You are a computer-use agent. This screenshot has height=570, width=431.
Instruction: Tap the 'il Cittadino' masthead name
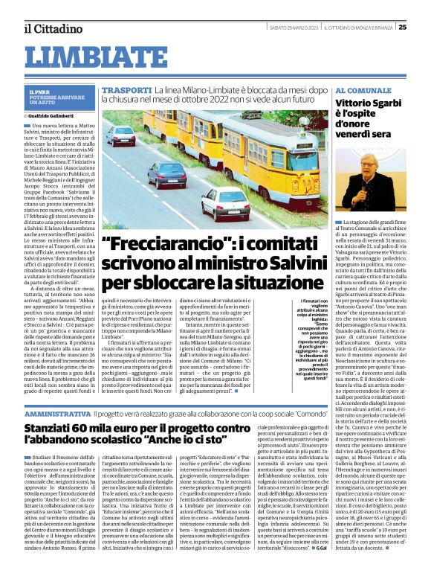[47, 28]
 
